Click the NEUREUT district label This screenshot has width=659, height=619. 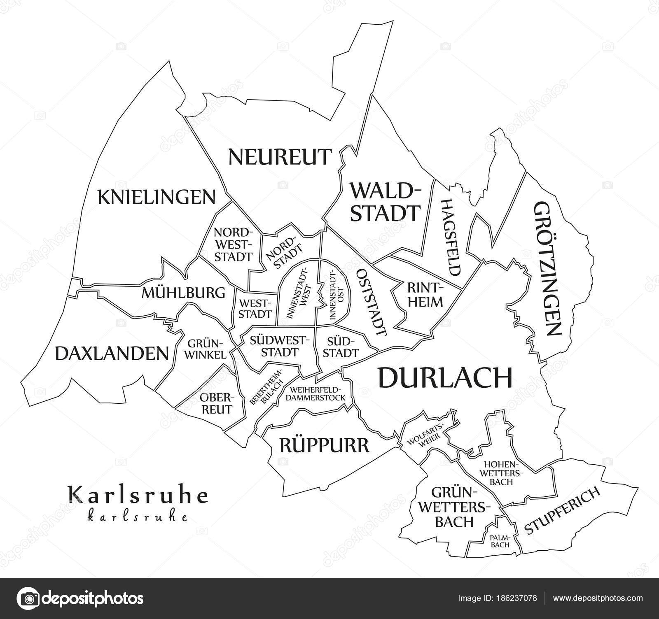[x=279, y=157]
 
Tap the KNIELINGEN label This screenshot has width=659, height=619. [x=156, y=197]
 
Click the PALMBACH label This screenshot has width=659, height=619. [x=500, y=541]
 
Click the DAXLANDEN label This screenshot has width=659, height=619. [x=112, y=353]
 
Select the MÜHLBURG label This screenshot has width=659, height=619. [x=183, y=293]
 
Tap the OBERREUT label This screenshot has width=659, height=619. [x=217, y=403]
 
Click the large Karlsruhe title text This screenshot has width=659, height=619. [x=138, y=496]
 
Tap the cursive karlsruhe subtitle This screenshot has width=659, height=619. [x=138, y=517]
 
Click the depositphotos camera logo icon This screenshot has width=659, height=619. [x=30, y=598]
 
